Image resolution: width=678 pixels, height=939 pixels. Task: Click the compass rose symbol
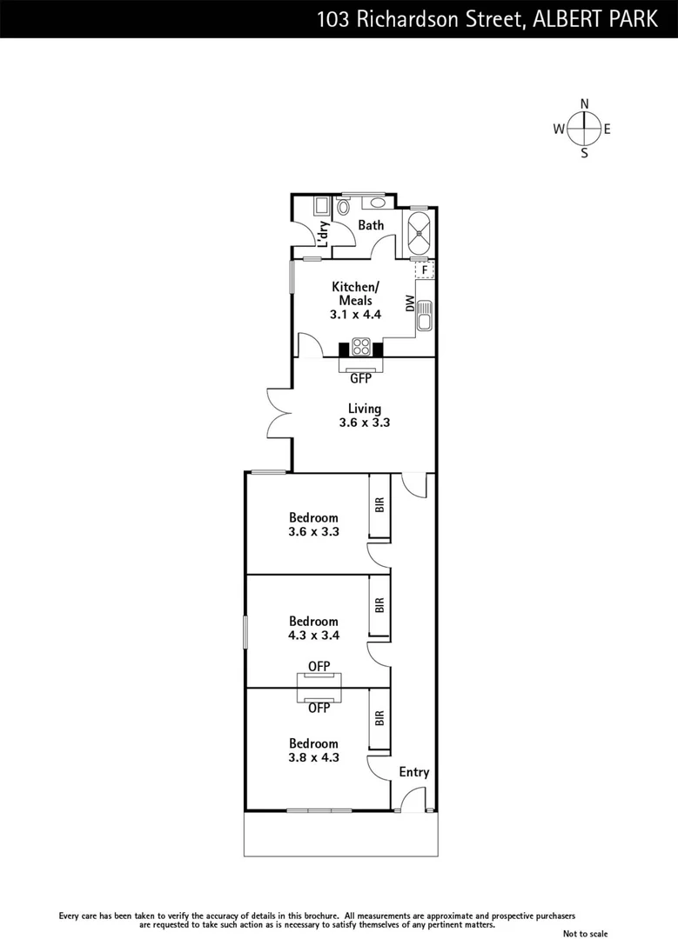(x=584, y=130)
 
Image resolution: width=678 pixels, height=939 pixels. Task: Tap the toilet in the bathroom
(x=343, y=206)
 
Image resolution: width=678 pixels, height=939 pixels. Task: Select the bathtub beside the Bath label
(x=420, y=232)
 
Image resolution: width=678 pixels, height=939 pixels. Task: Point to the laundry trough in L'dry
(x=320, y=205)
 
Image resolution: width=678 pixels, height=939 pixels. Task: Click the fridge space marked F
(x=424, y=270)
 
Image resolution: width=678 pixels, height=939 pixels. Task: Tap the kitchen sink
(x=424, y=316)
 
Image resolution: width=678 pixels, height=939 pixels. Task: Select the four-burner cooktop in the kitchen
(x=361, y=348)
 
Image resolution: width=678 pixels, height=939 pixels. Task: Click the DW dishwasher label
(x=409, y=303)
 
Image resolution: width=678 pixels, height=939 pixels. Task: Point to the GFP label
(x=360, y=379)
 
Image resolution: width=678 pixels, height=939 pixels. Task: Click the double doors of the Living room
(x=280, y=413)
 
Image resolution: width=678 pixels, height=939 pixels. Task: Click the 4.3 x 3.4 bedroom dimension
(x=313, y=635)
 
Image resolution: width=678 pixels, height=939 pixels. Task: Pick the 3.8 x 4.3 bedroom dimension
(x=313, y=757)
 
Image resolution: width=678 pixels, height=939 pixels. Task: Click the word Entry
(x=413, y=772)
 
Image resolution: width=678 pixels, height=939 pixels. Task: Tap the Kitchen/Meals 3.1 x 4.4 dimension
(x=356, y=315)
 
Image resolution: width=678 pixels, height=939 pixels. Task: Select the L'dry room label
(x=322, y=236)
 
